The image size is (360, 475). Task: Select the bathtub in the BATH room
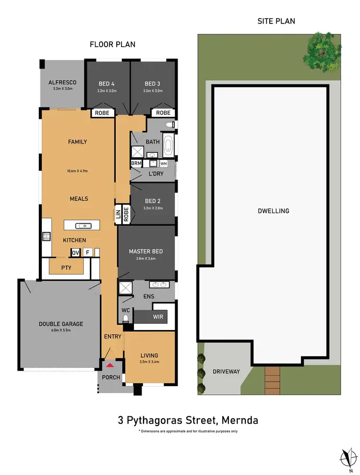(168, 146)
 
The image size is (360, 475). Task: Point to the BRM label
(136, 164)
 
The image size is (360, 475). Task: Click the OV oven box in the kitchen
(75, 252)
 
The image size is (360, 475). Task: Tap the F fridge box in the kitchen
(87, 252)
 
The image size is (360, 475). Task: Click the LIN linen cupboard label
(118, 214)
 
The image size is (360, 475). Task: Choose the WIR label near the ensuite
(157, 317)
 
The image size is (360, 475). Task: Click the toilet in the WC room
(126, 319)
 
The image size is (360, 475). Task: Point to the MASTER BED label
(145, 251)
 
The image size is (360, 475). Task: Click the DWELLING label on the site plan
(274, 210)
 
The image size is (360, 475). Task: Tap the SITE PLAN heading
(276, 21)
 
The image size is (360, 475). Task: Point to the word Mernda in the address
(240, 420)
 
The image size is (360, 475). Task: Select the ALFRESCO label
(62, 83)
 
